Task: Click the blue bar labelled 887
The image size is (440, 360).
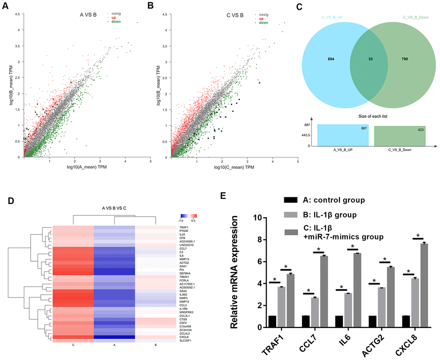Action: [x=343, y=136]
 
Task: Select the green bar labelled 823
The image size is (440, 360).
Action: [x=399, y=136]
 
